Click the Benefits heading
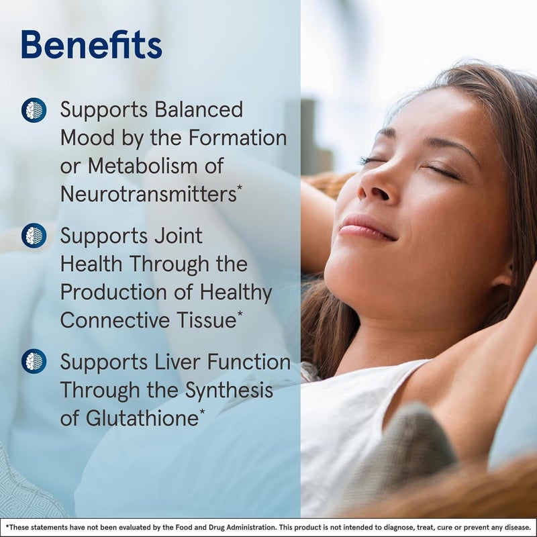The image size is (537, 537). click(x=91, y=45)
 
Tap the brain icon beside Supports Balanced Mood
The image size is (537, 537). click(x=34, y=109)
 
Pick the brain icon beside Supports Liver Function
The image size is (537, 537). click(x=34, y=361)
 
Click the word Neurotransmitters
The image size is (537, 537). click(x=147, y=194)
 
